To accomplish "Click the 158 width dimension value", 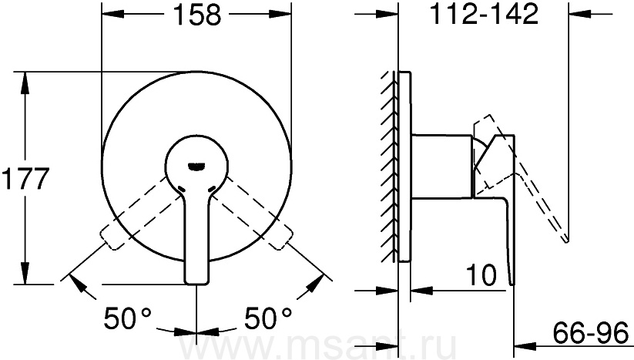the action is [x=197, y=15].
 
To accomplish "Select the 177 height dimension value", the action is [x=25, y=178].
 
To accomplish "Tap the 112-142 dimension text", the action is [x=484, y=14].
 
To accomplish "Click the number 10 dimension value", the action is [x=481, y=275].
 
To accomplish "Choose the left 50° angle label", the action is [x=127, y=318].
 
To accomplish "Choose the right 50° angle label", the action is [x=268, y=318].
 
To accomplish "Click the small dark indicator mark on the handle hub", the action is [x=197, y=166].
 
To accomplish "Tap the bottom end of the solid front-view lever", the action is [x=197, y=282].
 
